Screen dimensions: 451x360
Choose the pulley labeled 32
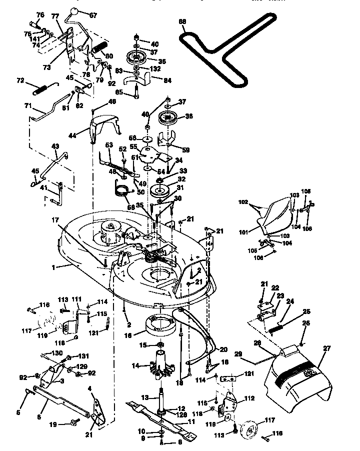(162, 190)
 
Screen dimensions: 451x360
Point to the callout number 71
(27, 106)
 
